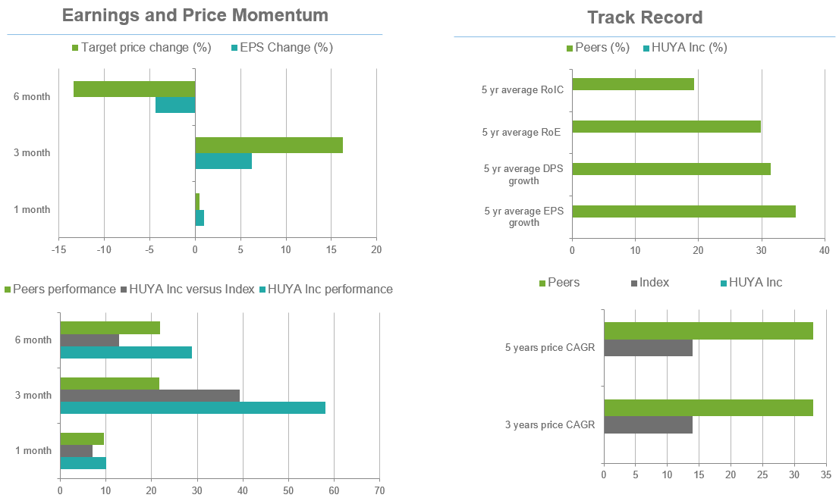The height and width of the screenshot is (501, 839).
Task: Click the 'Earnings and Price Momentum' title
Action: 195,15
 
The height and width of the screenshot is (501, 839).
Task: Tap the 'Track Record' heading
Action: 645,17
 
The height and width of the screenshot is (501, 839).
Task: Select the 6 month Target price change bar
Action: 134,89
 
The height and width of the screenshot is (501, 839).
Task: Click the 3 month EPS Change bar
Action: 223,161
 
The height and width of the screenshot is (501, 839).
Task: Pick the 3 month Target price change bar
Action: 269,145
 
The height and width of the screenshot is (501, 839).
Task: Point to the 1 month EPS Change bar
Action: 200,218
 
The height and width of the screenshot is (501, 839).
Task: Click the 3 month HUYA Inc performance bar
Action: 193,408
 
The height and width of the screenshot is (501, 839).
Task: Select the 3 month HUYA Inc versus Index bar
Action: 149,395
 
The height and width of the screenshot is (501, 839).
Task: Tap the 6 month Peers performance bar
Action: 110,327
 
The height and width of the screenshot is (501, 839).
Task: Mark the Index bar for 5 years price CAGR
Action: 648,348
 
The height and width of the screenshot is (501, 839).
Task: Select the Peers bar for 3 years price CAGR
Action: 708,407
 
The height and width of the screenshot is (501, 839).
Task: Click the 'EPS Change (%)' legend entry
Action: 286,48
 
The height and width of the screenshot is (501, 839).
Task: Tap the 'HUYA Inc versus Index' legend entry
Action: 191,289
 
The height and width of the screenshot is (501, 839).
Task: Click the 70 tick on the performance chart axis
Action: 379,490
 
